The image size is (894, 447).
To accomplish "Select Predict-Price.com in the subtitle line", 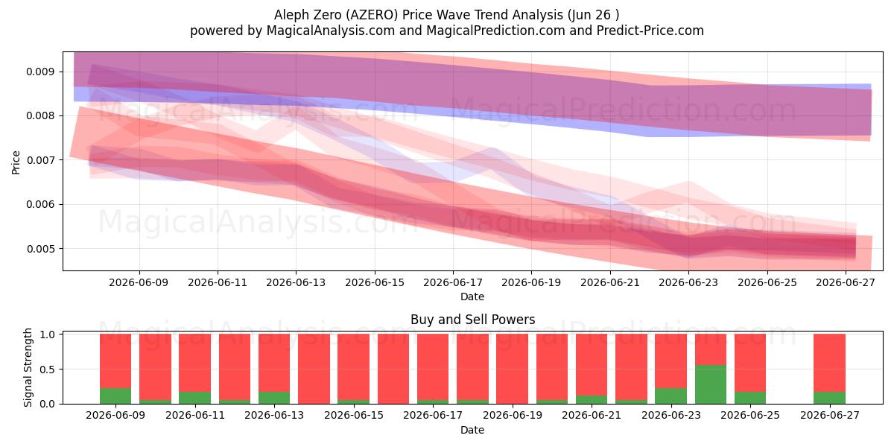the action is [x=650, y=31].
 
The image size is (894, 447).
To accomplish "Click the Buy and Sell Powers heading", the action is [x=472, y=320].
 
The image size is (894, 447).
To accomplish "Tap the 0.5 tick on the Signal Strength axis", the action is [x=48, y=370].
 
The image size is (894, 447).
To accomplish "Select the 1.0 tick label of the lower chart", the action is [x=48, y=335].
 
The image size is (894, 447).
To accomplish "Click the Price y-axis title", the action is [x=16, y=162].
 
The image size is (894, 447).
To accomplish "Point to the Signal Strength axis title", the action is [x=28, y=367].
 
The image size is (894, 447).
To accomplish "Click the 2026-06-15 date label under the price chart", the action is [x=374, y=283].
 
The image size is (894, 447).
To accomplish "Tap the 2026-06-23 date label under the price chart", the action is [x=688, y=283].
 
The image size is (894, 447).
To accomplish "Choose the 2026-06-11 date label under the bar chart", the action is [x=195, y=416].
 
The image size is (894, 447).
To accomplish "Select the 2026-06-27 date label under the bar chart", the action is [x=830, y=416].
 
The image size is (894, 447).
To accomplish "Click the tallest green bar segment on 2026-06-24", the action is [x=711, y=384].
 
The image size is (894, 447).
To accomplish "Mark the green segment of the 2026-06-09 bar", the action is [x=115, y=396].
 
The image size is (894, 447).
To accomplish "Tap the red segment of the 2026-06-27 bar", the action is [x=829, y=364].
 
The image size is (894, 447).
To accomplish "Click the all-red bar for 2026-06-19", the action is [x=512, y=370].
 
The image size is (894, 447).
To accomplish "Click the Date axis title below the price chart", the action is [x=472, y=297].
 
